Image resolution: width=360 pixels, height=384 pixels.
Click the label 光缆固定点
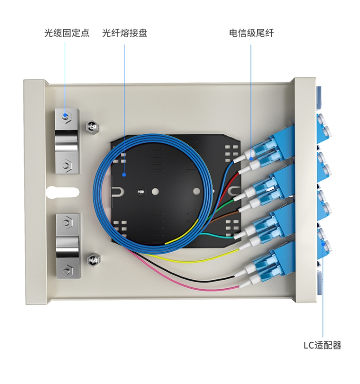67,33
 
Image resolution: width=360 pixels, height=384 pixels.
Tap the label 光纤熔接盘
125,33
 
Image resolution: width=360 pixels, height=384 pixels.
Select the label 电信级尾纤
252,33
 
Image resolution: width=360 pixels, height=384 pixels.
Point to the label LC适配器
322,345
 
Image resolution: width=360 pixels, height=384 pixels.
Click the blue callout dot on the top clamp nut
65,115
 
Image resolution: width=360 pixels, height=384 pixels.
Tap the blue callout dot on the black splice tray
124,175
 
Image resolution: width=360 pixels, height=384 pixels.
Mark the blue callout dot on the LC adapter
323,244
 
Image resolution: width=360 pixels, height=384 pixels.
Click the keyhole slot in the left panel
62,192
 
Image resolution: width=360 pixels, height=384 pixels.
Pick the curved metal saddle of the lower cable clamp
68,247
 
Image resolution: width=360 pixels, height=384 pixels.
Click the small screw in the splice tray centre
141,191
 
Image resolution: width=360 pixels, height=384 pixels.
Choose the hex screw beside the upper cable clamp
93,127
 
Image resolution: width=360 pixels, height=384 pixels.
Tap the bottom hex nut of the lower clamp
66,271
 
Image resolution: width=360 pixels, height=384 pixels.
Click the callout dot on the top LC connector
251,159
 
